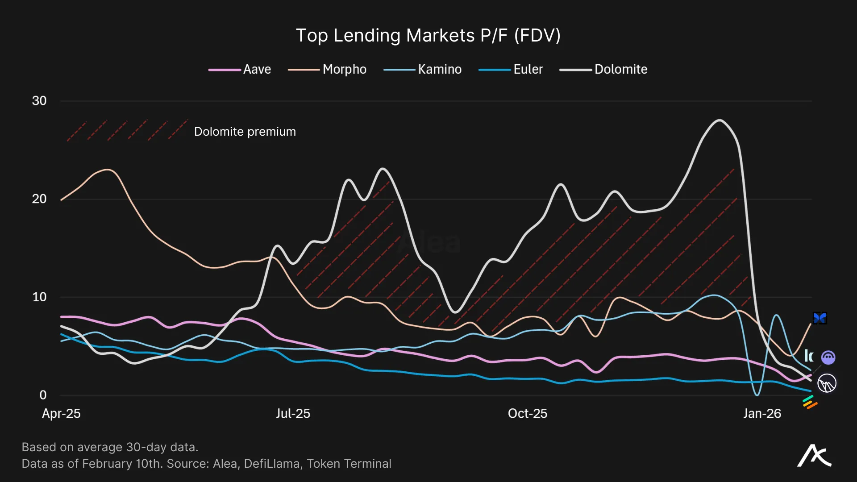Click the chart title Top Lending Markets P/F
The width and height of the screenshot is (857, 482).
428,36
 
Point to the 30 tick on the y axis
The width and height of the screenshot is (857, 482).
39,101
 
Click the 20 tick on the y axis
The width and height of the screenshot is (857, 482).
39,199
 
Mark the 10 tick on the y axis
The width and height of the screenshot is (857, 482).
39,297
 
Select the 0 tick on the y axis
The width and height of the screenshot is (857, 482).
43,395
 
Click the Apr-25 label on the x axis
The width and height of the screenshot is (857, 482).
61,414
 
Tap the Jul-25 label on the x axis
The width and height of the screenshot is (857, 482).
293,414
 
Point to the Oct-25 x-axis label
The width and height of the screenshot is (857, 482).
527,414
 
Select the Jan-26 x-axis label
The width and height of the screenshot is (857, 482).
762,414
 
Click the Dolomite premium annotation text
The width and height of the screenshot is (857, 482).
245,132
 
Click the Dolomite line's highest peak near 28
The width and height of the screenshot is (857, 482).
720,120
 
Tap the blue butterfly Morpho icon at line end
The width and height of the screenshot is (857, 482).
820,318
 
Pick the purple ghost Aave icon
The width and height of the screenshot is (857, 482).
828,357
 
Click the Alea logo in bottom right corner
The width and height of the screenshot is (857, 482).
814,456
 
